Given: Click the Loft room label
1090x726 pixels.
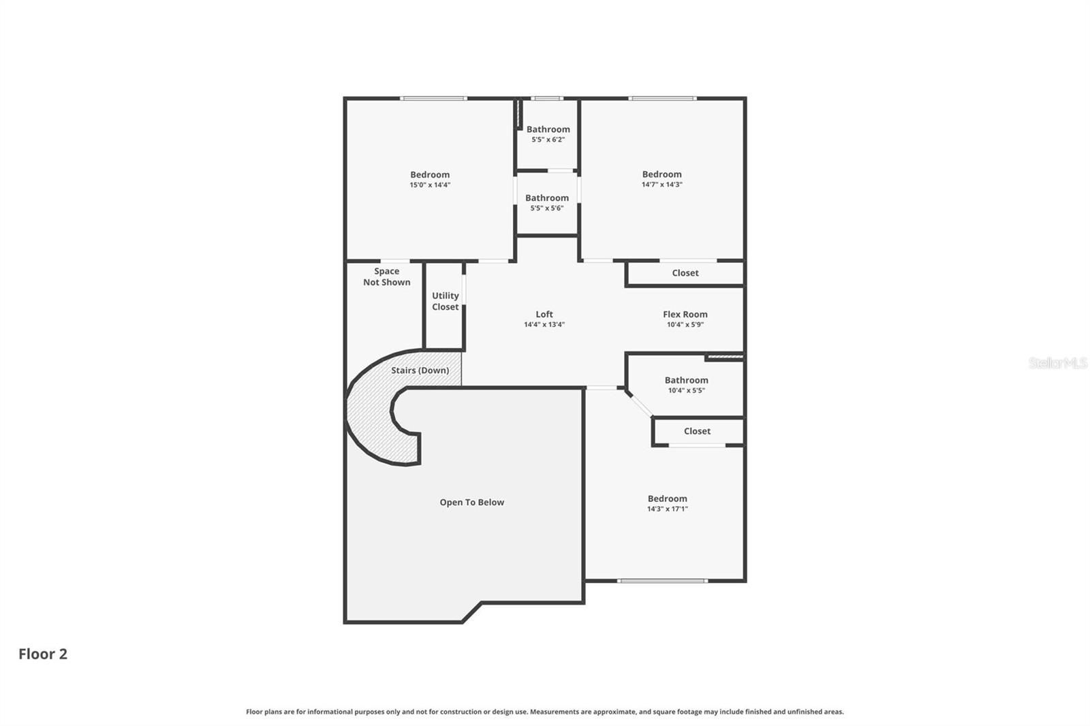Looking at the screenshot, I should pyautogui.click(x=544, y=314).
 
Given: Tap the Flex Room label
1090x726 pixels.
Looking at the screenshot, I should pyautogui.click(x=685, y=314).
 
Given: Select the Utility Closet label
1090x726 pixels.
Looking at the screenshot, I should pyautogui.click(x=445, y=301).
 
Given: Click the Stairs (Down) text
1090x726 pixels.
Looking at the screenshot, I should pyautogui.click(x=420, y=370).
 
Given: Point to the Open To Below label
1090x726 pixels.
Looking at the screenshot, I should pyautogui.click(x=471, y=503).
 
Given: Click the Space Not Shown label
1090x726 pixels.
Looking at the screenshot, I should pyautogui.click(x=386, y=277).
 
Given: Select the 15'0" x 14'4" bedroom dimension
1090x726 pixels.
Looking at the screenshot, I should pyautogui.click(x=430, y=185).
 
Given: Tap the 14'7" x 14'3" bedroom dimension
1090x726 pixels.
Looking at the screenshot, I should pyautogui.click(x=661, y=185).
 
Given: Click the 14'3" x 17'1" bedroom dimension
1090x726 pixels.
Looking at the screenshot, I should pyautogui.click(x=667, y=509).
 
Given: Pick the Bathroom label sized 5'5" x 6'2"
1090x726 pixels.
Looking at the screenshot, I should pyautogui.click(x=548, y=129).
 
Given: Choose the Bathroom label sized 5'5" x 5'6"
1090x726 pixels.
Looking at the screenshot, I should pyautogui.click(x=546, y=198).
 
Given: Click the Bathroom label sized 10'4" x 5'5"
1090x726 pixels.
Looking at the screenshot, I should pyautogui.click(x=686, y=380).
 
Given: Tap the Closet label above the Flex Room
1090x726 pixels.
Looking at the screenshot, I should pyautogui.click(x=685, y=273).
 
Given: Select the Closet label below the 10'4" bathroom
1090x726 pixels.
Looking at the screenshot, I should pyautogui.click(x=697, y=431).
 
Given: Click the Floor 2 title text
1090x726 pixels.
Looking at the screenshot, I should pyautogui.click(x=43, y=654).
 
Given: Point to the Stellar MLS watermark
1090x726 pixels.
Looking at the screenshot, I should pyautogui.click(x=1057, y=363).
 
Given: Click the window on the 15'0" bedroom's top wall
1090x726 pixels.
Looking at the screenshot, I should pyautogui.click(x=433, y=99).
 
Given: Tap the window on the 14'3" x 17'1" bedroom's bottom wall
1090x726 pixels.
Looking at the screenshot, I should pyautogui.click(x=662, y=581).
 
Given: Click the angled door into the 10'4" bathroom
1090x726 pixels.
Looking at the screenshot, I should pyautogui.click(x=639, y=403).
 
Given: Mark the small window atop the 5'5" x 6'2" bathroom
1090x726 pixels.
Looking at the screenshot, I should pyautogui.click(x=546, y=99).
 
